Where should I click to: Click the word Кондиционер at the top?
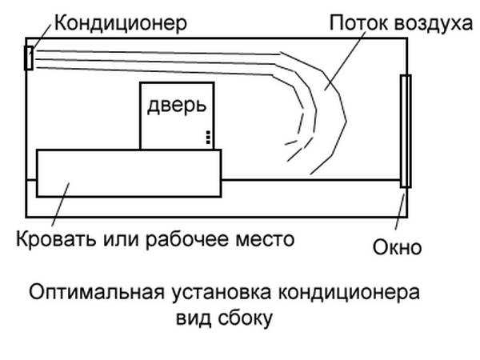click(x=121, y=23)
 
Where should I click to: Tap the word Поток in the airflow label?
click(x=358, y=23)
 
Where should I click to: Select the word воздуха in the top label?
click(x=433, y=24)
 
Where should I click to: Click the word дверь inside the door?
click(x=177, y=106)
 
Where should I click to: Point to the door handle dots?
click(x=208, y=138)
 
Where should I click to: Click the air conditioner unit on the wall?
click(x=29, y=58)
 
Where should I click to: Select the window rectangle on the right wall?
click(x=406, y=131)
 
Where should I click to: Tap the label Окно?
click(x=397, y=247)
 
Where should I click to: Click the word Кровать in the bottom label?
click(x=56, y=239)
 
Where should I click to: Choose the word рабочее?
click(x=186, y=239)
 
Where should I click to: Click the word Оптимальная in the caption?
click(x=97, y=292)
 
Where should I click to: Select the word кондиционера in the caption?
click(x=349, y=293)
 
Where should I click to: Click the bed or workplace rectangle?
click(x=129, y=174)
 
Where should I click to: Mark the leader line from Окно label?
click(x=401, y=208)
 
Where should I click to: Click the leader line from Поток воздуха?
click(x=346, y=60)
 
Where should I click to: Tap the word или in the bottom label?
click(x=120, y=240)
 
